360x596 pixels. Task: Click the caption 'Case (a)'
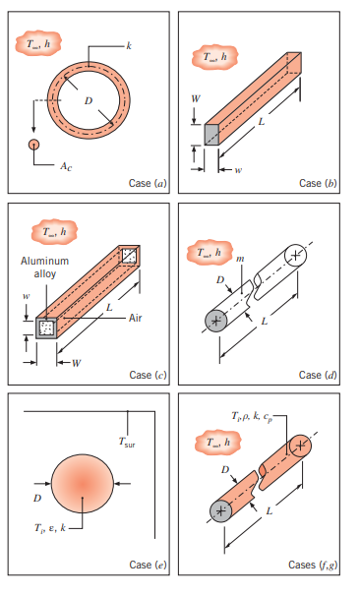pos(150,183)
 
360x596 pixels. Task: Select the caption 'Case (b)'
pos(319,183)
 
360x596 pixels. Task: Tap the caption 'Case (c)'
pos(150,375)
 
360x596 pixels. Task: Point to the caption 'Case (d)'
pos(319,375)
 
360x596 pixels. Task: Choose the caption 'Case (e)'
pos(150,565)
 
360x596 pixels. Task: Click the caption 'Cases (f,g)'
pos(314,565)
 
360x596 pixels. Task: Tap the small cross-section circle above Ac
pos(35,144)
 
